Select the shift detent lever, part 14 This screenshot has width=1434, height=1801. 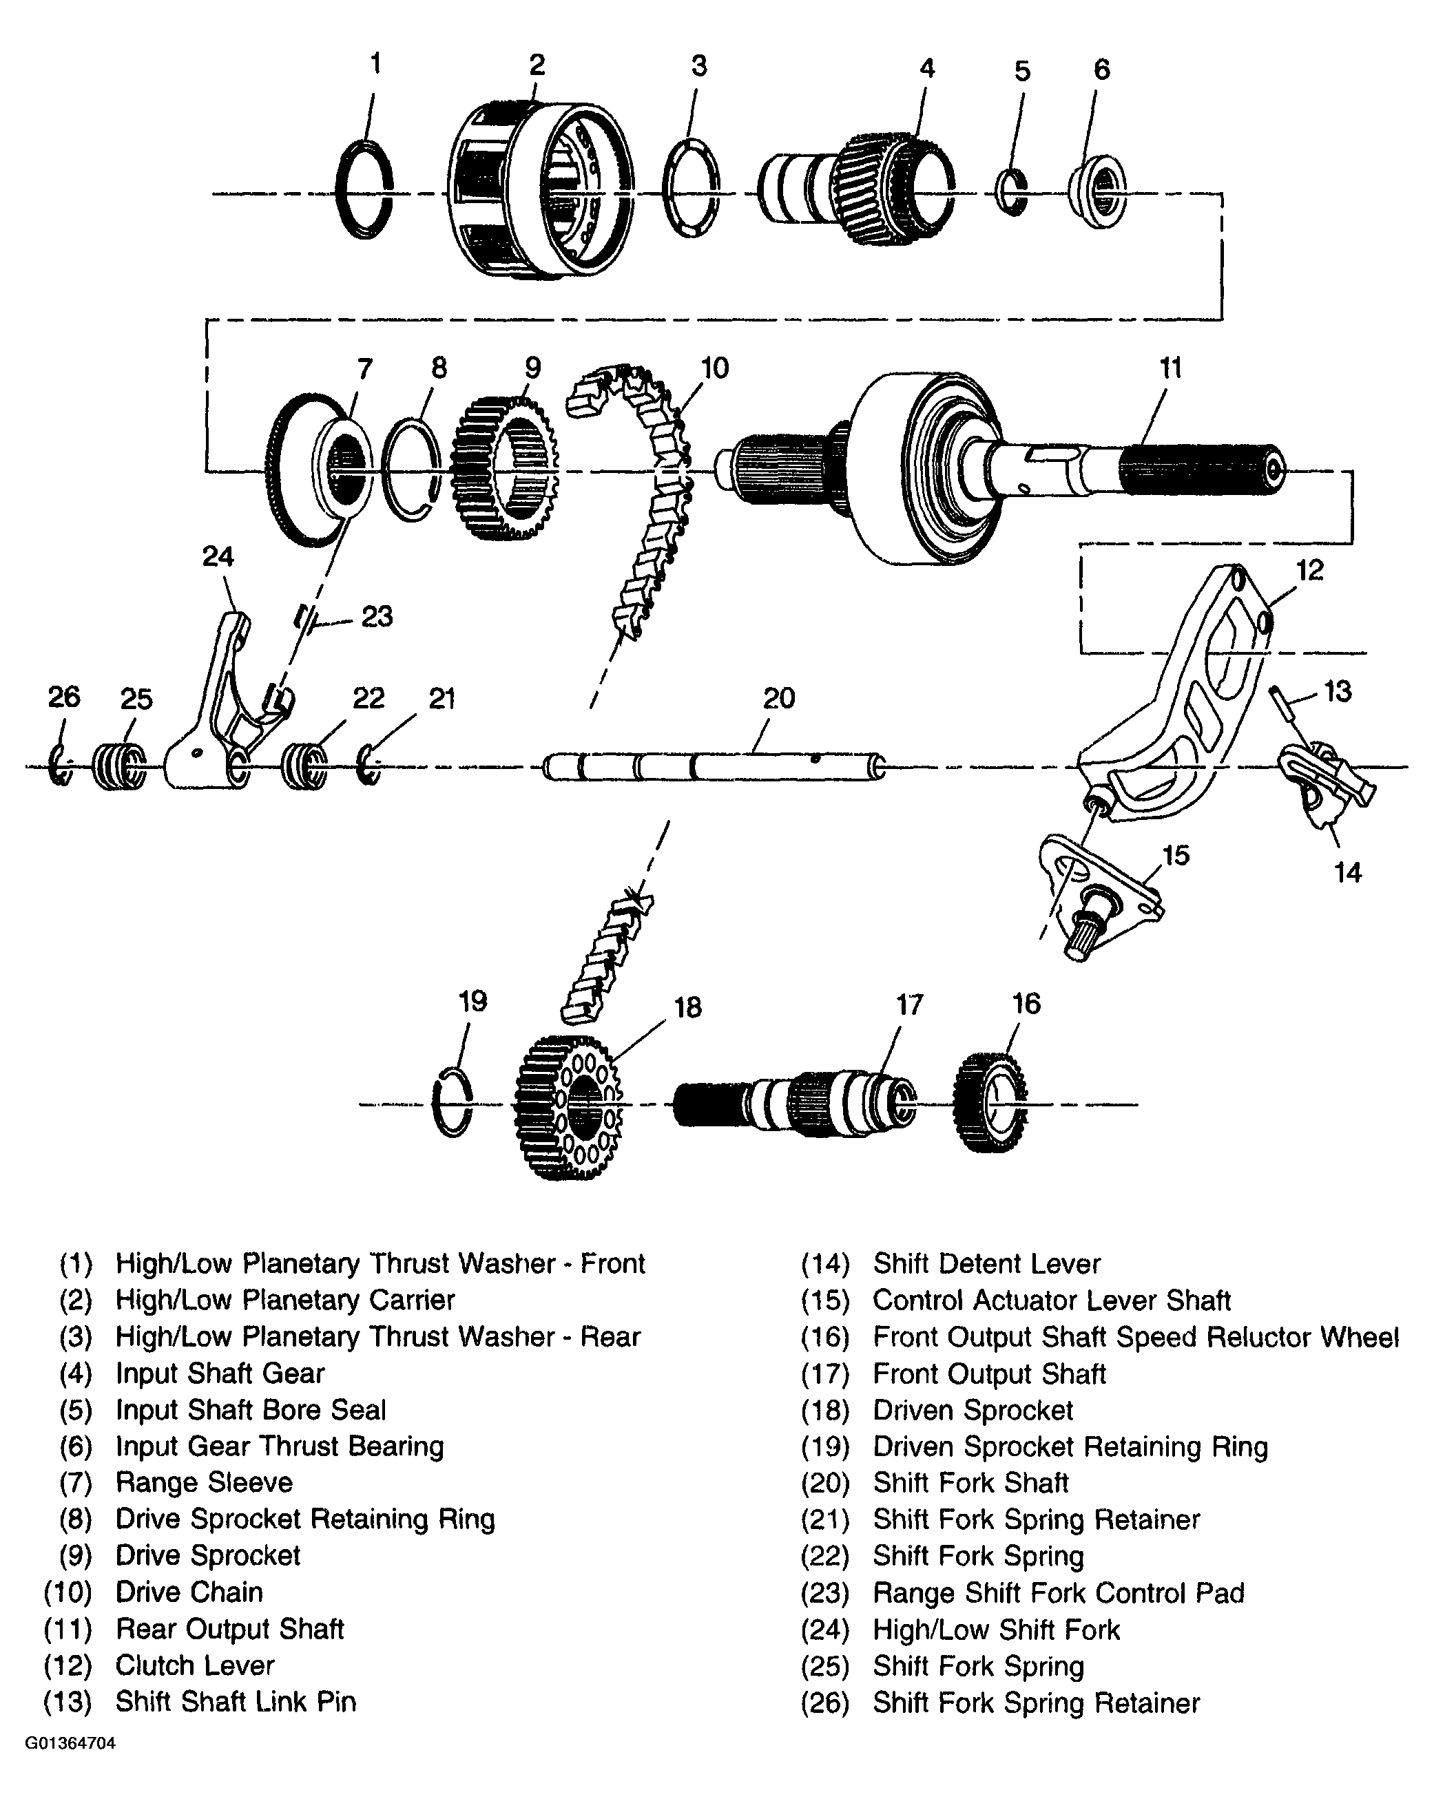point(1326,781)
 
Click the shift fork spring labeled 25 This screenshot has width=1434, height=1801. point(118,766)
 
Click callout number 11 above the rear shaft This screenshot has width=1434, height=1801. point(1170,368)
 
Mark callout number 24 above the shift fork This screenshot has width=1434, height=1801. point(218,556)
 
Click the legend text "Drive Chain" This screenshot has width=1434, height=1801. point(189,1592)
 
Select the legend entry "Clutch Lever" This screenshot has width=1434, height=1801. point(195,1665)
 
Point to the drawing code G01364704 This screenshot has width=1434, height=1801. point(70,1743)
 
